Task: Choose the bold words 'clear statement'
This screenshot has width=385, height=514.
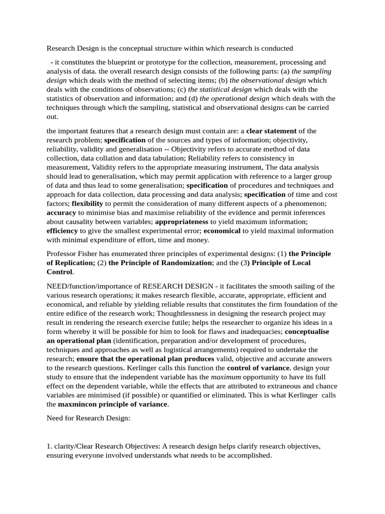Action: click(x=271, y=131)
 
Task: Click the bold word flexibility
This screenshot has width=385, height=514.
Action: click(x=87, y=203)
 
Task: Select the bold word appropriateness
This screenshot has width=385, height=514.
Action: click(x=181, y=221)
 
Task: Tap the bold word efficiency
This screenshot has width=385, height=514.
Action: click(x=62, y=230)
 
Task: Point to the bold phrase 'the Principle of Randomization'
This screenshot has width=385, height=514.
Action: click(x=160, y=263)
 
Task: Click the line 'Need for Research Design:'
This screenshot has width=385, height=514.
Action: click(x=88, y=418)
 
